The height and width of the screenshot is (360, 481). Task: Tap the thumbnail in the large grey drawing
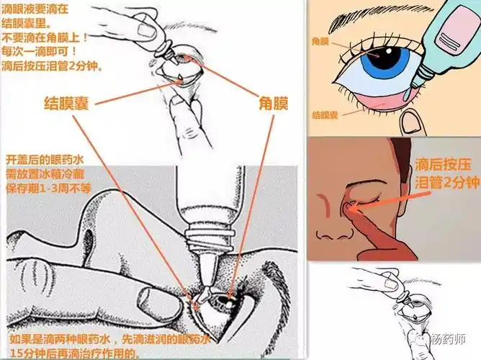(x=143, y=295)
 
